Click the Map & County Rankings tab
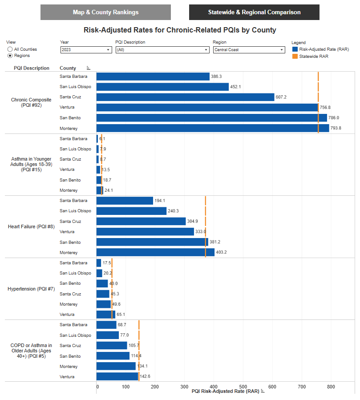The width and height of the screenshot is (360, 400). click(x=105, y=12)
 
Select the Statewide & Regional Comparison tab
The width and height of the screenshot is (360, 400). click(x=254, y=12)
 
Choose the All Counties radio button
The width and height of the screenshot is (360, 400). click(x=10, y=49)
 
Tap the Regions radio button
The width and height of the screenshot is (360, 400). click(x=10, y=56)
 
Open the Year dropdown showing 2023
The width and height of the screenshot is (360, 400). click(x=86, y=50)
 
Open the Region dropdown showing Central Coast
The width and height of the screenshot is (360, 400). click(x=249, y=50)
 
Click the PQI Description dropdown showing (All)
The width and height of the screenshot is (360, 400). click(x=162, y=50)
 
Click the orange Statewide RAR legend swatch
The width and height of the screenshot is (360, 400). click(x=295, y=57)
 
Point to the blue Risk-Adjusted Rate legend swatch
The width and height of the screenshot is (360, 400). click(x=295, y=49)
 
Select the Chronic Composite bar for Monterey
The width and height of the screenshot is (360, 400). click(x=213, y=128)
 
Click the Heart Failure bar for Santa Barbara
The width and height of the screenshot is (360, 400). click(x=125, y=201)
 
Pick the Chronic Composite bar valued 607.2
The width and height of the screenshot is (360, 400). click(x=185, y=97)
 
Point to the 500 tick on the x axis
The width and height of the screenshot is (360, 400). click(x=243, y=387)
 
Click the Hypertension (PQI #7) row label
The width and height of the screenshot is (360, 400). click(x=31, y=289)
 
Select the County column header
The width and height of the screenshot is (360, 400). click(x=68, y=68)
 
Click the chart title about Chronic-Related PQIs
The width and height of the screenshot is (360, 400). click(x=180, y=30)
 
